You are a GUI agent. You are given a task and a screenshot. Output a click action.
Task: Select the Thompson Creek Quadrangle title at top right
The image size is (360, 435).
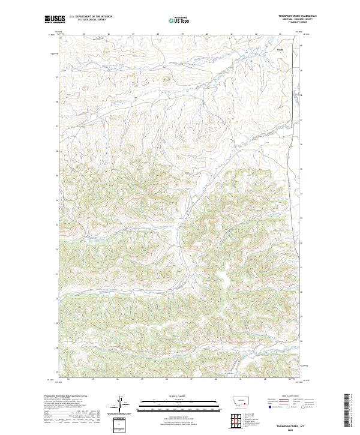297,16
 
